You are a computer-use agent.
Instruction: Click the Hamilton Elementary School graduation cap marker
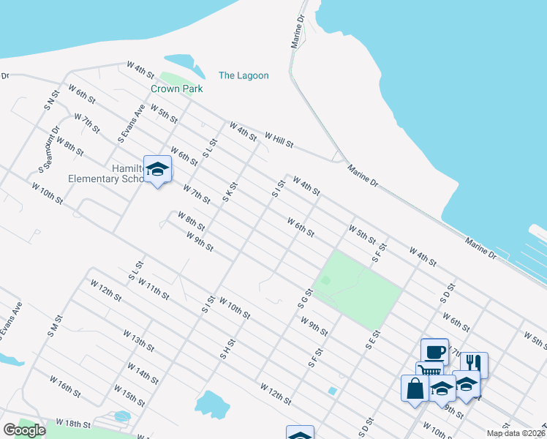(x=157, y=170)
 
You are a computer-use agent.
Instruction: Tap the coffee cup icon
(x=434, y=351)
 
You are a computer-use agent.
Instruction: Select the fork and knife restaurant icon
(x=474, y=364)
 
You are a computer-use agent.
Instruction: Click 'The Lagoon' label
(x=244, y=75)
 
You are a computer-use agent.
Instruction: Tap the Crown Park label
(x=176, y=89)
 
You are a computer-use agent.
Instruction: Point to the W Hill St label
(x=279, y=140)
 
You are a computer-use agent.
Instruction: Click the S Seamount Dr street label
(x=48, y=150)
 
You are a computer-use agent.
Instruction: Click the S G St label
(x=306, y=298)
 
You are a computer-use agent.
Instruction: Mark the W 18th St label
(x=74, y=424)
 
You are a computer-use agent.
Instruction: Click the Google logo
(x=24, y=430)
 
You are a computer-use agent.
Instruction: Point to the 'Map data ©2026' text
(x=515, y=433)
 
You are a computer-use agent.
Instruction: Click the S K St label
(x=230, y=192)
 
